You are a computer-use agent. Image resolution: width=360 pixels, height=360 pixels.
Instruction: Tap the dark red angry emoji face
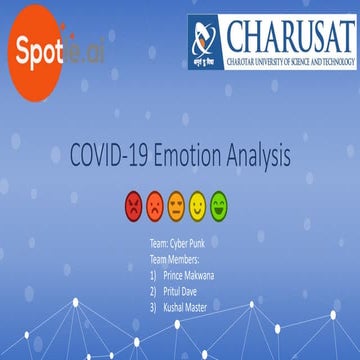coord(133,207)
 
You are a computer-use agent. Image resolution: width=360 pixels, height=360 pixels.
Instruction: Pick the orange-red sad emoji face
coord(155,207)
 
